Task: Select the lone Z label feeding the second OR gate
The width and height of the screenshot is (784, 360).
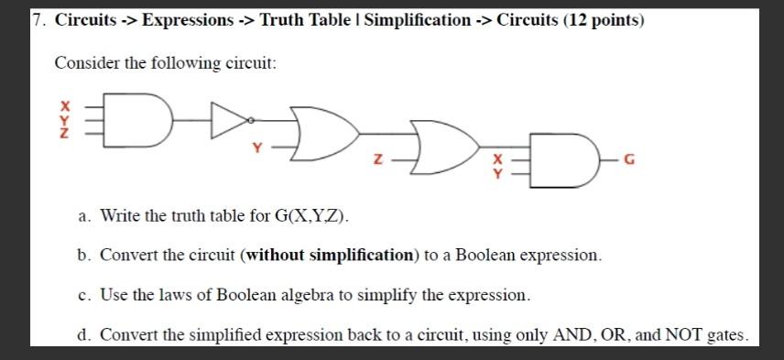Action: pyautogui.click(x=376, y=161)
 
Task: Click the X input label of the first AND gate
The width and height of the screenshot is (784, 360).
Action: pyautogui.click(x=65, y=104)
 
